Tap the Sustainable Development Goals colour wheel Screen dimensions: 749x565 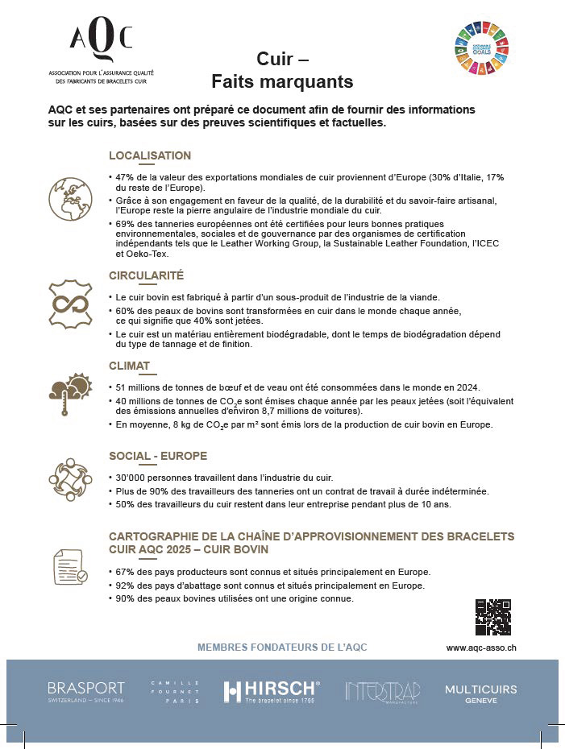483,48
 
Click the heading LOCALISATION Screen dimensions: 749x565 150,155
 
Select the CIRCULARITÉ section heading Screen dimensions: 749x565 146,275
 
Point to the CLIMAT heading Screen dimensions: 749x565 129,366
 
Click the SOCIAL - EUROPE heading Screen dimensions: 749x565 158,456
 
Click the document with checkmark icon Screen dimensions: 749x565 69,568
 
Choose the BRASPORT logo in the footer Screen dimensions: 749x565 85,691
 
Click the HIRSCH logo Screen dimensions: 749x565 271,691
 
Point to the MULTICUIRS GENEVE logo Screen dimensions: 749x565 480,693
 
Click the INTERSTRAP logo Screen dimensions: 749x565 376,691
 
